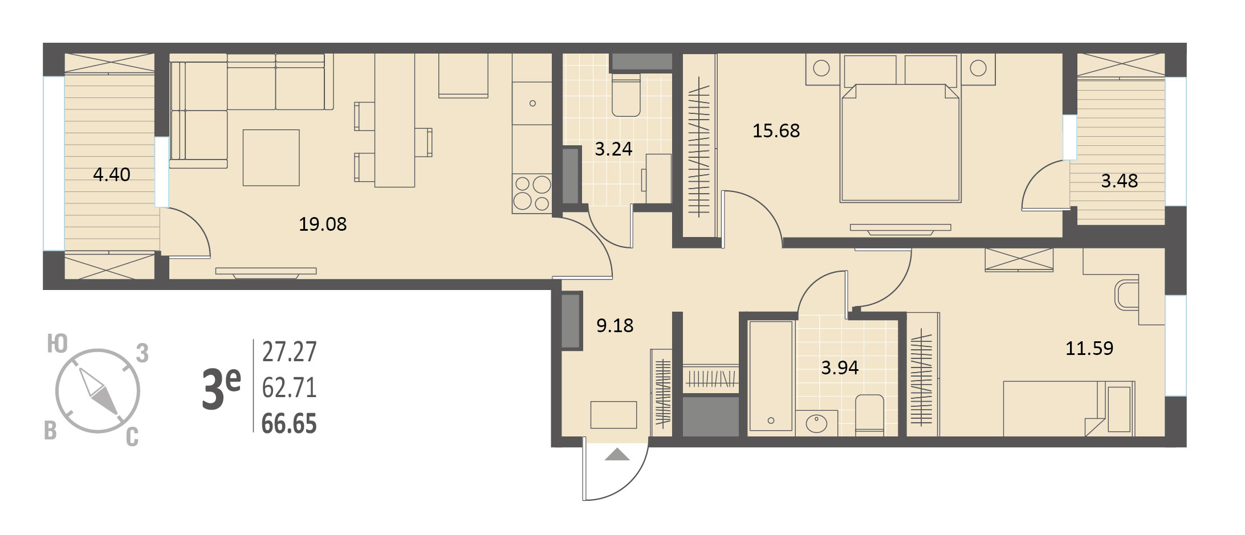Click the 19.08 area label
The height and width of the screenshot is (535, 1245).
pyautogui.click(x=323, y=224)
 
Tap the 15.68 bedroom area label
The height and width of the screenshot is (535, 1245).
pyautogui.click(x=776, y=130)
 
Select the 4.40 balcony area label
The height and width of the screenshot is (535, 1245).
pyautogui.click(x=112, y=174)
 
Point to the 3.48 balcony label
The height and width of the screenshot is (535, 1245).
pyautogui.click(x=1119, y=181)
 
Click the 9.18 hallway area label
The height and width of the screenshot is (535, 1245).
pyautogui.click(x=615, y=325)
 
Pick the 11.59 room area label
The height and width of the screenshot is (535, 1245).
pyautogui.click(x=1089, y=348)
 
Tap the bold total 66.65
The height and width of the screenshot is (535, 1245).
pyautogui.click(x=289, y=424)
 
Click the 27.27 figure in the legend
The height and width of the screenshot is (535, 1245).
pyautogui.click(x=289, y=352)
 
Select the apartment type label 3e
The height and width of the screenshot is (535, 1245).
pyautogui.click(x=221, y=389)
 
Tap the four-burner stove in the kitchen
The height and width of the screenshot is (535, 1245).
pyautogui.click(x=532, y=194)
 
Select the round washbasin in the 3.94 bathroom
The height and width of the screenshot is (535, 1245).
pyautogui.click(x=816, y=423)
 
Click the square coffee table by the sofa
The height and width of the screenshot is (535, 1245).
pyautogui.click(x=271, y=158)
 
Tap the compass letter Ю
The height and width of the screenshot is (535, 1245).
pyautogui.click(x=58, y=345)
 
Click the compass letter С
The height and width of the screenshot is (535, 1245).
pyautogui.click(x=132, y=438)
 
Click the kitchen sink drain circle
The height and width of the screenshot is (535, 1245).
pyautogui.click(x=532, y=104)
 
